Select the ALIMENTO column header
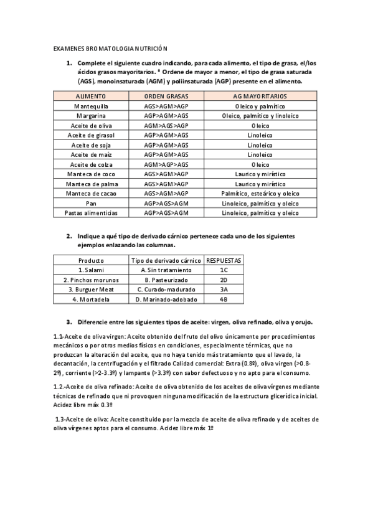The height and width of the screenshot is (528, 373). click(x=91, y=97)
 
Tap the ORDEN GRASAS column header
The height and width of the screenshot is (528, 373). click(x=166, y=97)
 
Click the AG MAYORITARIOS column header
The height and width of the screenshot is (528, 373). click(x=260, y=97)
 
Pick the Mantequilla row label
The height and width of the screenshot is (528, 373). click(x=91, y=106)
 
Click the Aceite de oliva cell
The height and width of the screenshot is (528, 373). click(x=91, y=126)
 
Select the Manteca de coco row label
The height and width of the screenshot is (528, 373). click(x=91, y=174)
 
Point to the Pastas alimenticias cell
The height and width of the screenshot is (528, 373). click(x=91, y=213)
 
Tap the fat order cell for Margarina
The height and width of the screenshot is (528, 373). click(x=166, y=116)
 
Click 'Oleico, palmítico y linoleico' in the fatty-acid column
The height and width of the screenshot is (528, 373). click(x=260, y=116)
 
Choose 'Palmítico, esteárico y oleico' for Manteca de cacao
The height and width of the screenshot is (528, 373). click(x=260, y=194)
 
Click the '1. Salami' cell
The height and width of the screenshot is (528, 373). click(x=91, y=270)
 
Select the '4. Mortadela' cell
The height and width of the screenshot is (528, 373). click(x=91, y=299)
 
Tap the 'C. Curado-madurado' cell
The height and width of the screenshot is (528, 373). click(x=166, y=290)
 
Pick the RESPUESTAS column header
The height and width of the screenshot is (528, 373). click(x=224, y=260)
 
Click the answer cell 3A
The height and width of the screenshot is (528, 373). click(x=224, y=290)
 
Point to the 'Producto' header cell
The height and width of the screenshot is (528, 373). click(x=91, y=260)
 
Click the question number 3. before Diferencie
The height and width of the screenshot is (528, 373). click(x=69, y=322)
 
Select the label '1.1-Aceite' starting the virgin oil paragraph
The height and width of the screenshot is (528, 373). click(x=68, y=337)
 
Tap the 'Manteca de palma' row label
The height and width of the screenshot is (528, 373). click(x=91, y=184)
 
